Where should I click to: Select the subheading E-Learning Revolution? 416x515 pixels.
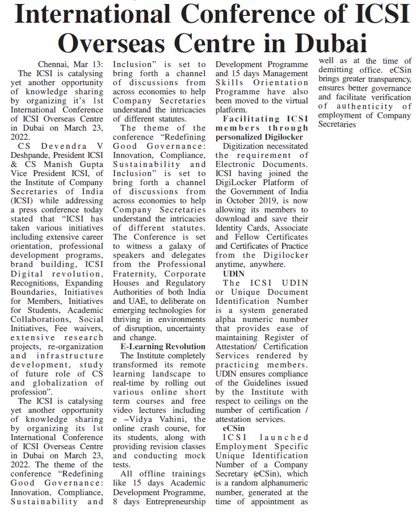(x=163, y=346)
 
